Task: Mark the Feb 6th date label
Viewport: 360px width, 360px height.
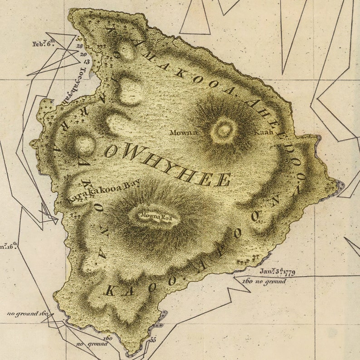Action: click(x=44, y=44)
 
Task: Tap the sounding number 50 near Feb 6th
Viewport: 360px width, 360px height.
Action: click(x=80, y=39)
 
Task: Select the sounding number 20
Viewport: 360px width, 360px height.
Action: click(x=83, y=54)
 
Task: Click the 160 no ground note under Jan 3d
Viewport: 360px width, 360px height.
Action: click(x=264, y=282)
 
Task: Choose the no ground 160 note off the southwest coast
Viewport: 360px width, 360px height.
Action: click(x=28, y=313)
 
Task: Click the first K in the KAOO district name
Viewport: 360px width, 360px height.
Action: click(x=109, y=292)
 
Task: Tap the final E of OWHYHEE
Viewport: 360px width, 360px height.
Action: click(x=223, y=180)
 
